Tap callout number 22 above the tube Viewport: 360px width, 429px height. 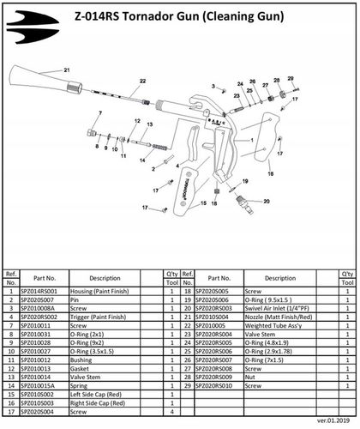pyautogui.click(x=142, y=81)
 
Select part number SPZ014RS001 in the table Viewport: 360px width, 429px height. pyautogui.click(x=45, y=292)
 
